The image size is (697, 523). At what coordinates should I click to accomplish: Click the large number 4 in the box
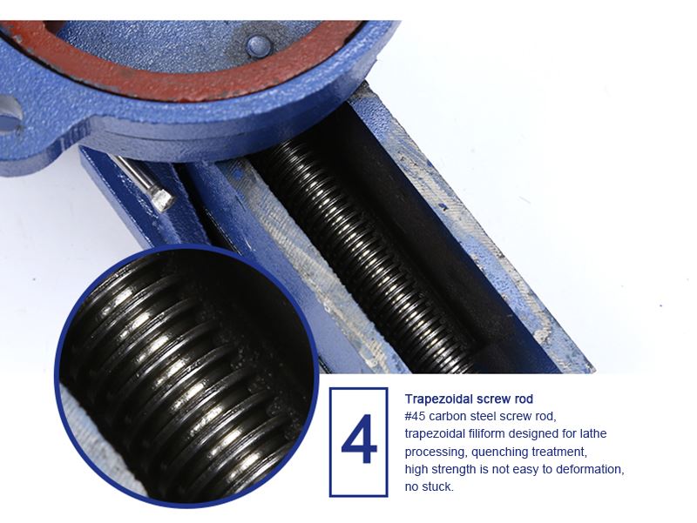click(x=359, y=439)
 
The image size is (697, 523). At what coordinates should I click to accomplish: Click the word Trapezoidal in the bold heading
click(x=438, y=399)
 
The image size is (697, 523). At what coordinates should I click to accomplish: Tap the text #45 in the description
click(x=415, y=417)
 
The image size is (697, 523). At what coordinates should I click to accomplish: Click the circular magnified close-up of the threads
click(x=186, y=377)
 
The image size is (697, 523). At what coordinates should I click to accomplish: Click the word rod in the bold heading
click(x=524, y=399)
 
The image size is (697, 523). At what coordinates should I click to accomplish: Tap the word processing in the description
click(x=436, y=453)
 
